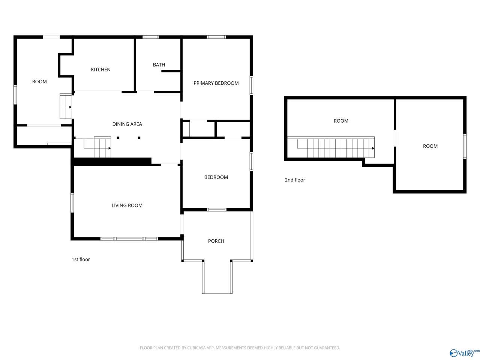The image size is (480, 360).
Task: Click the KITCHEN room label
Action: click(x=100, y=69)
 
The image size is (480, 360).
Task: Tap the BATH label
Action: click(x=159, y=65)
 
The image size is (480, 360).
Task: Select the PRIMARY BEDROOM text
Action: click(x=216, y=83)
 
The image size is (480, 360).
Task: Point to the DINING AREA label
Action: click(x=127, y=124)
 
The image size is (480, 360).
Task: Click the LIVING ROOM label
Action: click(x=127, y=205)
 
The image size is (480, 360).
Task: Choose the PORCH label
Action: click(x=216, y=241)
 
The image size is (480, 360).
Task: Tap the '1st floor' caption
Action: click(x=81, y=259)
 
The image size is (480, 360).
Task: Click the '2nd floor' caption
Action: click(x=295, y=180)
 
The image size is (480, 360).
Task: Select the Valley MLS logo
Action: click(x=464, y=352)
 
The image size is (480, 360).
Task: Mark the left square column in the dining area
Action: click(x=118, y=138)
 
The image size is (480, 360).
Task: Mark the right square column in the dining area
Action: click(x=139, y=138)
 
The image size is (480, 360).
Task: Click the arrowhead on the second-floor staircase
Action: click(x=373, y=148)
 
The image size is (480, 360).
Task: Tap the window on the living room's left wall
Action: click(x=72, y=202)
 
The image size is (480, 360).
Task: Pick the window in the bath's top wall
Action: click(x=150, y=37)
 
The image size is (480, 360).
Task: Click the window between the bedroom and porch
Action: click(x=216, y=210)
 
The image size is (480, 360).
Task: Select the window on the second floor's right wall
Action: click(x=465, y=146)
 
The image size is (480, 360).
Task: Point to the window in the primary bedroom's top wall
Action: click(x=216, y=37)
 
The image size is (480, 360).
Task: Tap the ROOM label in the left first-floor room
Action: click(x=39, y=81)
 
